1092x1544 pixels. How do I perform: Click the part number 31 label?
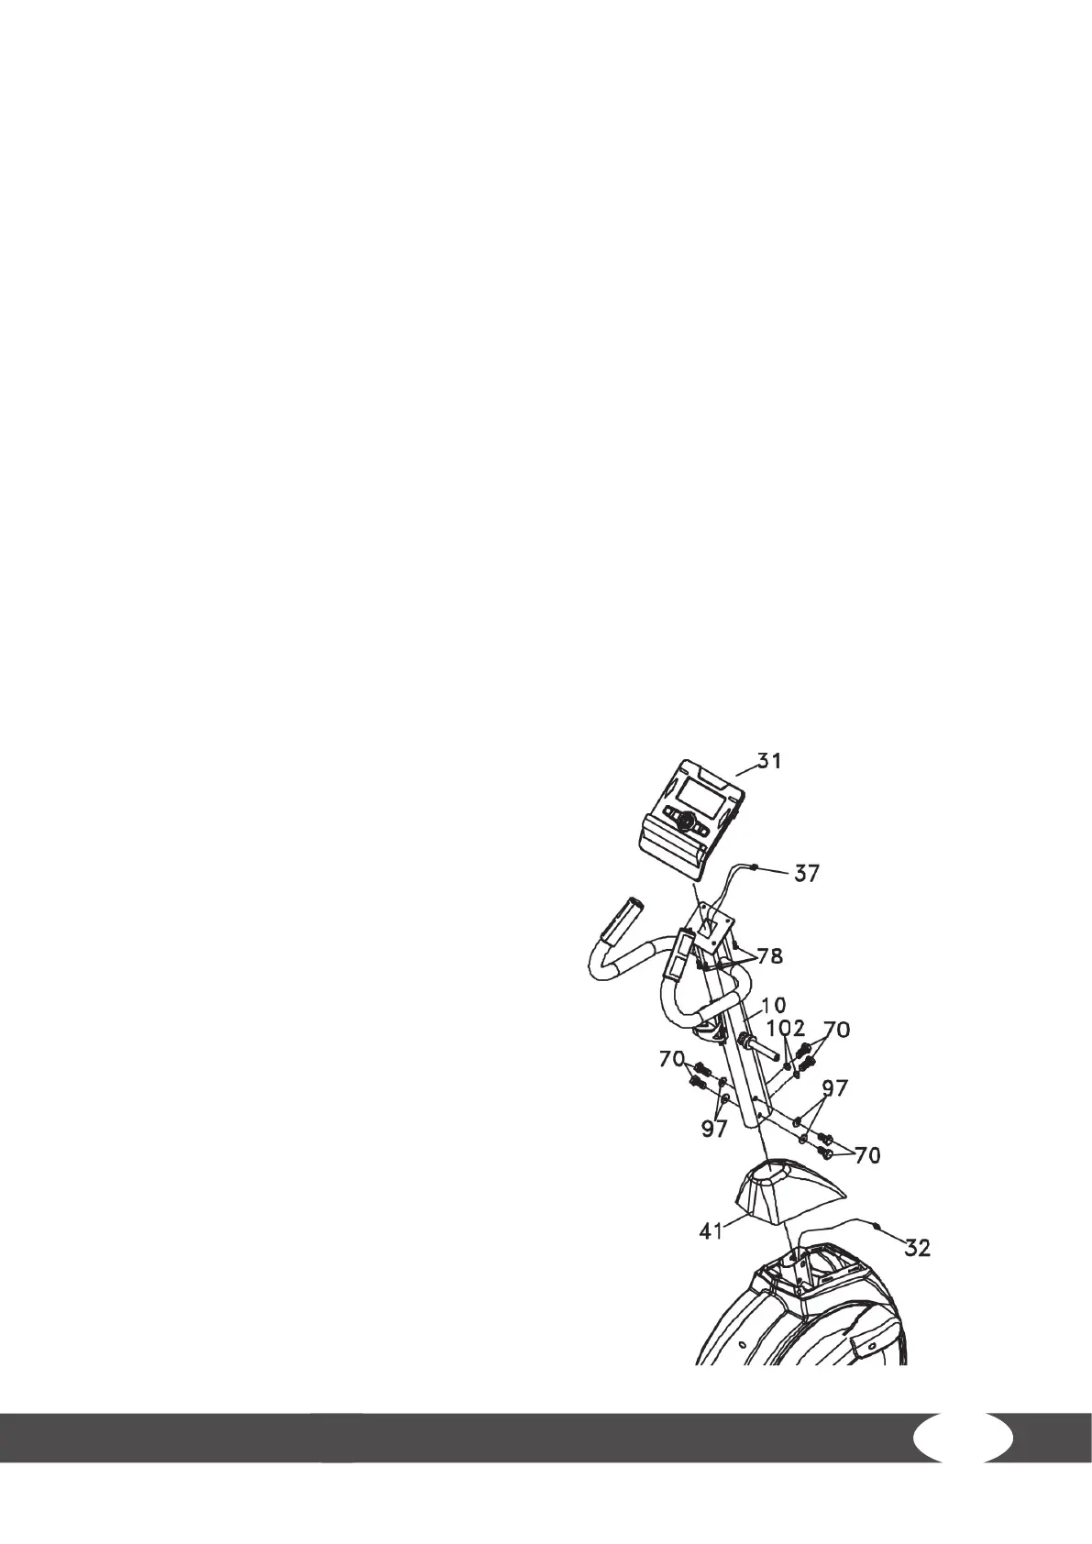tap(769, 761)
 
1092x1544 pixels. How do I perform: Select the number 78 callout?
tap(769, 957)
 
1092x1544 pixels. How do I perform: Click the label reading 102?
tap(786, 1030)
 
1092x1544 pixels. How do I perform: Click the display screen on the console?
tap(688, 791)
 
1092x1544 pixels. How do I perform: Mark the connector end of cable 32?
tap(878, 1224)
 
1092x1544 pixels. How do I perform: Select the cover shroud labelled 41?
tap(779, 1192)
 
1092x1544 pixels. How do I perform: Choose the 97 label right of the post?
tap(834, 1088)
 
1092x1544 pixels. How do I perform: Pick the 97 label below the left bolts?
tap(713, 1130)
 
